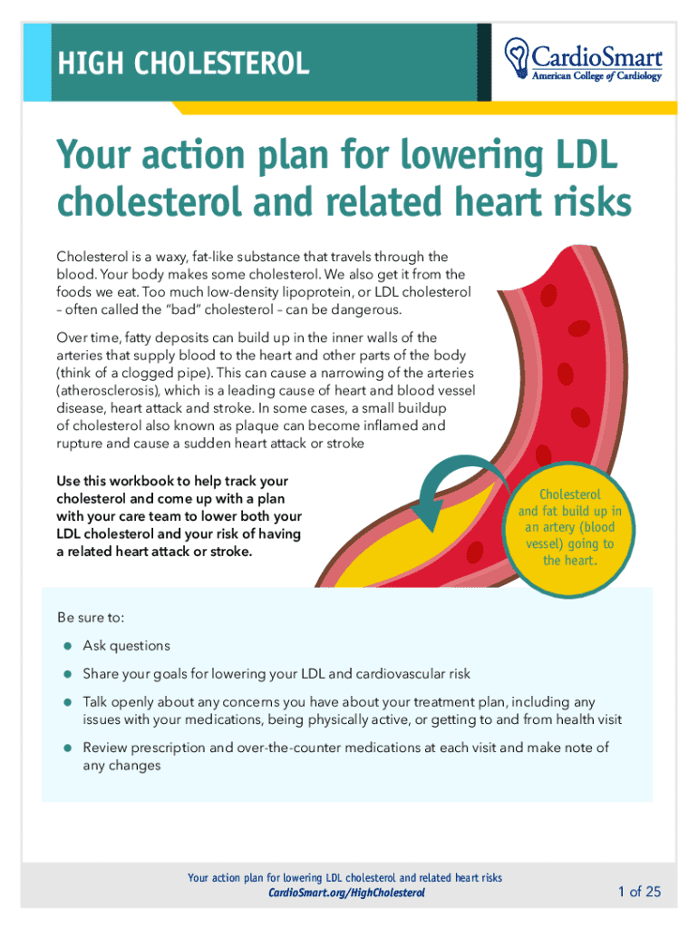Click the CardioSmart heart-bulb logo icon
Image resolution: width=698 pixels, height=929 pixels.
pyautogui.click(x=518, y=55)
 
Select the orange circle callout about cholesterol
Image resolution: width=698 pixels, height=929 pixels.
pyautogui.click(x=570, y=527)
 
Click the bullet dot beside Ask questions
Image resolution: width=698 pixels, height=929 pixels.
pyautogui.click(x=67, y=646)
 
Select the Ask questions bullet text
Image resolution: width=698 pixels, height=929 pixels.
pyautogui.click(x=126, y=646)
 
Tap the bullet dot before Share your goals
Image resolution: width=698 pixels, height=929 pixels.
pyautogui.click(x=67, y=674)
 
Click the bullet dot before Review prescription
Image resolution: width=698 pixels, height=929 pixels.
pyautogui.click(x=67, y=748)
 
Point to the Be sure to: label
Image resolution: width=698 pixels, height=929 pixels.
pyautogui.click(x=90, y=618)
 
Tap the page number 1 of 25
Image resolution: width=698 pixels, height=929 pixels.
pyautogui.click(x=639, y=892)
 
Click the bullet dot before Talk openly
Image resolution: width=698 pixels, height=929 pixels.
pyautogui.click(x=67, y=702)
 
